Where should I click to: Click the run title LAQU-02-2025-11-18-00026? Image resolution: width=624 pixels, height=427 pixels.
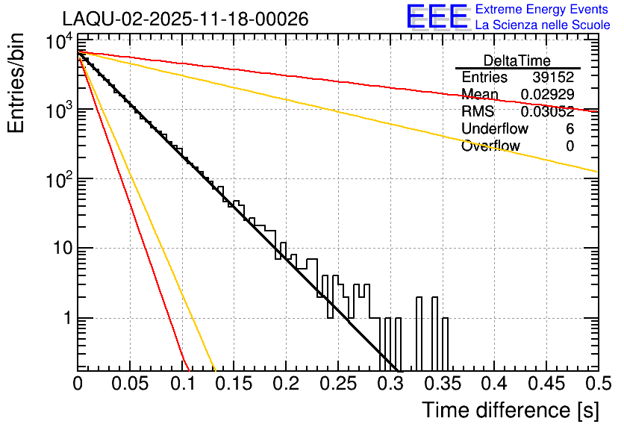pyautogui.click(x=185, y=19)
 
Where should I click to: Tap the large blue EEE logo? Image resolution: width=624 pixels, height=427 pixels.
pyautogui.click(x=437, y=17)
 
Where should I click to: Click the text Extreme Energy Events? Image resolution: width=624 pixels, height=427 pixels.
pyautogui.click(x=543, y=10)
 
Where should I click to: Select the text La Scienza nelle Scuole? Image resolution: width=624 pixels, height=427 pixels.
pyautogui.click(x=543, y=25)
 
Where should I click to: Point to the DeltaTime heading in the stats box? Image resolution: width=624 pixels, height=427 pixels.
pyautogui.click(x=517, y=60)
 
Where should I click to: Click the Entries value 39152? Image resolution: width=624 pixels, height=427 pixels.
pyautogui.click(x=553, y=78)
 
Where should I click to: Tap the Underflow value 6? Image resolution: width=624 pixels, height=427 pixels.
pyautogui.click(x=570, y=129)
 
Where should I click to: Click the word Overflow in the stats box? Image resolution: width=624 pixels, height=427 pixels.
pyautogui.click(x=490, y=146)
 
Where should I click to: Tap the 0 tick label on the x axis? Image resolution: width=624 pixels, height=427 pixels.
pyautogui.click(x=78, y=384)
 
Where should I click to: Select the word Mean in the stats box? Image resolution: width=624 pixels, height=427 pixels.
pyautogui.click(x=479, y=95)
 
